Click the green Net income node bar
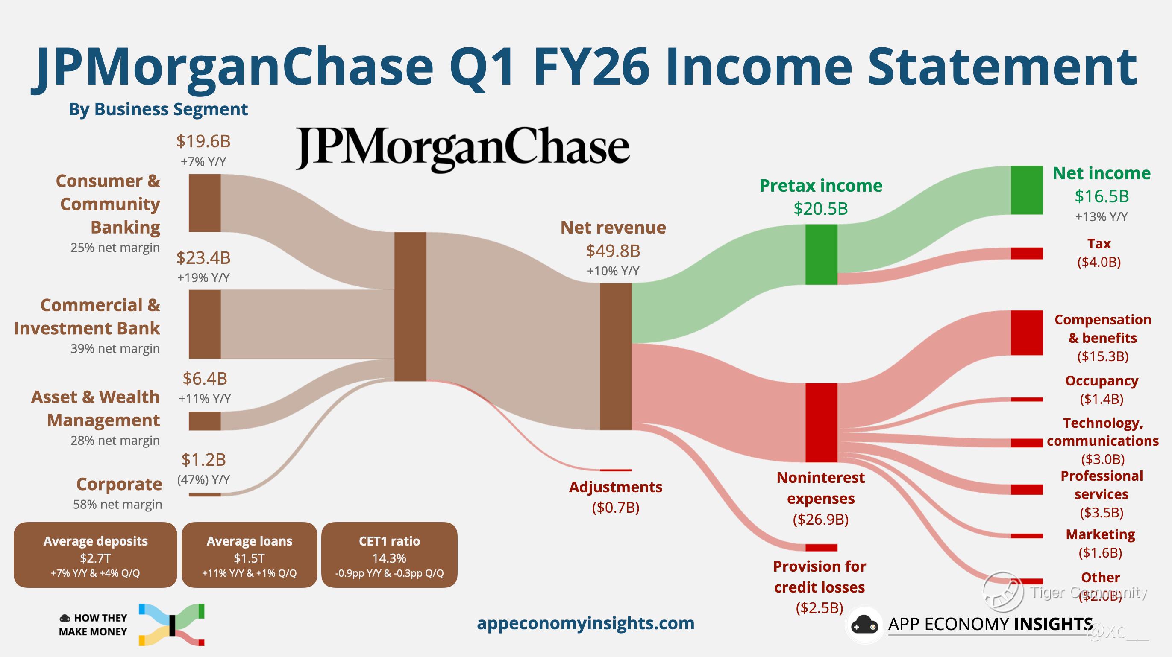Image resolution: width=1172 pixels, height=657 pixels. pyautogui.click(x=1026, y=190)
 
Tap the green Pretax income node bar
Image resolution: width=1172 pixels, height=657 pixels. pyautogui.click(x=821, y=254)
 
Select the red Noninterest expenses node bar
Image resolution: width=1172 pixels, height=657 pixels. pyautogui.click(x=821, y=423)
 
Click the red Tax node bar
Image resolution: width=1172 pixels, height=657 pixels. pyautogui.click(x=1026, y=253)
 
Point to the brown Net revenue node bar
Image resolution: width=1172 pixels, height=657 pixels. pyautogui.click(x=616, y=356)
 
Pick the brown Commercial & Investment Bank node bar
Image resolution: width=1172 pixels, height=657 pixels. pyautogui.click(x=204, y=324)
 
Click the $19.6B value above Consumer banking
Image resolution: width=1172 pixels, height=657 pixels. pyautogui.click(x=203, y=141)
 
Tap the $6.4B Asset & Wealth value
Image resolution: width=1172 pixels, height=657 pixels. pyautogui.click(x=205, y=378)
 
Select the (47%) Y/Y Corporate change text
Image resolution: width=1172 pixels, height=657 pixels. pyautogui.click(x=203, y=480)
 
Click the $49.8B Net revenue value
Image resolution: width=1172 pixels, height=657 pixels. pyautogui.click(x=613, y=251)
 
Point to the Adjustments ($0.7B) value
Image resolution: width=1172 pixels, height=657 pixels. pyautogui.click(x=616, y=508)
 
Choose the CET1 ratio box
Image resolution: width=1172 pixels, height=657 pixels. pyautogui.click(x=389, y=555)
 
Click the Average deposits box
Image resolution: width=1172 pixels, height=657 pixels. pyautogui.click(x=95, y=555)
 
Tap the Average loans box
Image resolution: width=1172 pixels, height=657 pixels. pyautogui.click(x=250, y=555)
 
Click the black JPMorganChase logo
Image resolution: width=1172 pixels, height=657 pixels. pyautogui.click(x=462, y=149)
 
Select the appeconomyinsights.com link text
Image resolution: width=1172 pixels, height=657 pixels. pyautogui.click(x=585, y=623)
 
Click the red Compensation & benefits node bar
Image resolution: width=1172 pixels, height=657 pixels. pyautogui.click(x=1026, y=333)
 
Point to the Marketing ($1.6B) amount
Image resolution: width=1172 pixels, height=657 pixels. pyautogui.click(x=1100, y=553)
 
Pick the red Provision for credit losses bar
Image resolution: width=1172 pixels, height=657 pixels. pyautogui.click(x=821, y=547)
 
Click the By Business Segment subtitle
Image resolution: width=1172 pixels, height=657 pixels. pyautogui.click(x=158, y=109)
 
